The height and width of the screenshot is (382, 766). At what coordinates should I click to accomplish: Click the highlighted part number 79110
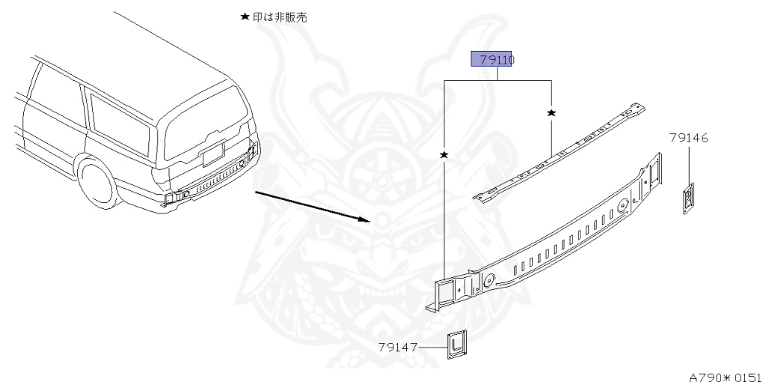point(491,59)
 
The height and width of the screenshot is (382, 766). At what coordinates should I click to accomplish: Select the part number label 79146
point(689,138)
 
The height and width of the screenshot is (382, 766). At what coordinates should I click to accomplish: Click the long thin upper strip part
point(561,152)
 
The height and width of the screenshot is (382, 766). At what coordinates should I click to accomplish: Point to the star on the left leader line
point(444,154)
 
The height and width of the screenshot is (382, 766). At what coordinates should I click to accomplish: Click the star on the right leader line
point(551,112)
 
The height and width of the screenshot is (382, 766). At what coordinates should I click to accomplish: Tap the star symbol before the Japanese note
point(244,17)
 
